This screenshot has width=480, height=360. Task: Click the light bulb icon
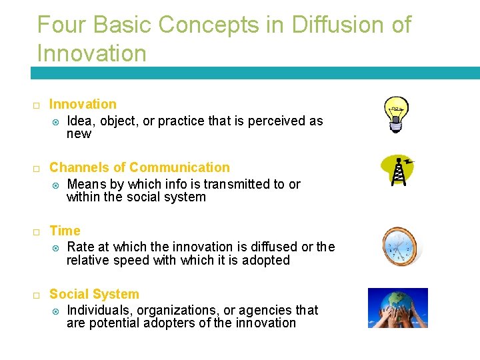[x=395, y=114]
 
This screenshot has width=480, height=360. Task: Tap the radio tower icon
[x=398, y=171]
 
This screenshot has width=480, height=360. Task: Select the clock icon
[x=399, y=246]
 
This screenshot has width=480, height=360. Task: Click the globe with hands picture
[x=398, y=308]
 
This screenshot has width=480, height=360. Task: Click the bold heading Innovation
[x=83, y=104]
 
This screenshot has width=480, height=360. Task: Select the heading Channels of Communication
[x=139, y=167]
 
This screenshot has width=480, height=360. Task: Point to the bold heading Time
[x=65, y=231]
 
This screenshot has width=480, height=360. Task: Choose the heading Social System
[x=94, y=294]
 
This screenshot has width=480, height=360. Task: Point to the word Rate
[x=81, y=247]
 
